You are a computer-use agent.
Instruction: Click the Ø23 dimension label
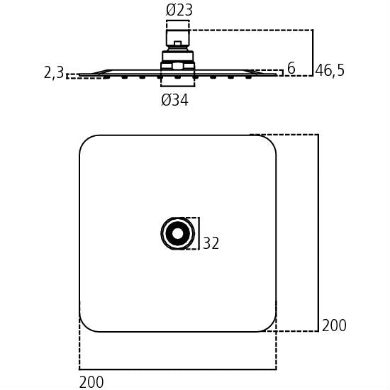pyautogui.click(x=179, y=11)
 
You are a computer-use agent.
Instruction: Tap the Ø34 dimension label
pyautogui.click(x=174, y=100)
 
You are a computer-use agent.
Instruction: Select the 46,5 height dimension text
pyautogui.click(x=330, y=70)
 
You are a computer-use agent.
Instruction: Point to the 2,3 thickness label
pyautogui.click(x=54, y=72)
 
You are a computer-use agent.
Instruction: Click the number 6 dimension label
pyautogui.click(x=291, y=68)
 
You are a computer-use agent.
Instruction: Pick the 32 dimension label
pyautogui.click(x=211, y=243)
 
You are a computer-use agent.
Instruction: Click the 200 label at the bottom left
pyautogui.click(x=91, y=382)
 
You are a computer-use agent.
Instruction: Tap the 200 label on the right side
pyautogui.click(x=334, y=325)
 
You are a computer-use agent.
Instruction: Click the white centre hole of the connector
pyautogui.click(x=177, y=233)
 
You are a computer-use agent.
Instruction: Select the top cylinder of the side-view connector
pyautogui.click(x=178, y=38)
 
